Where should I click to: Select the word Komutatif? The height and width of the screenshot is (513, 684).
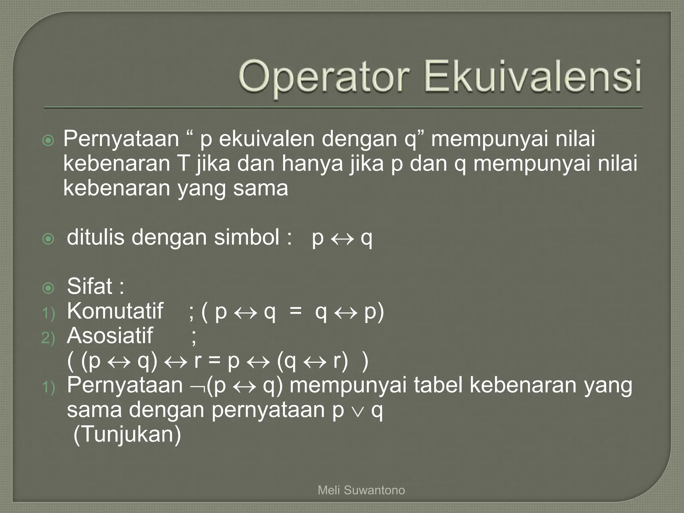[115, 311]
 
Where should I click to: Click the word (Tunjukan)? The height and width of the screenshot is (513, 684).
[127, 435]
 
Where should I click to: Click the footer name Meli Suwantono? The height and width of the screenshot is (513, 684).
[361, 490]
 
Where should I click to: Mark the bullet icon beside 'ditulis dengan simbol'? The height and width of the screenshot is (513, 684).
[48, 239]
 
